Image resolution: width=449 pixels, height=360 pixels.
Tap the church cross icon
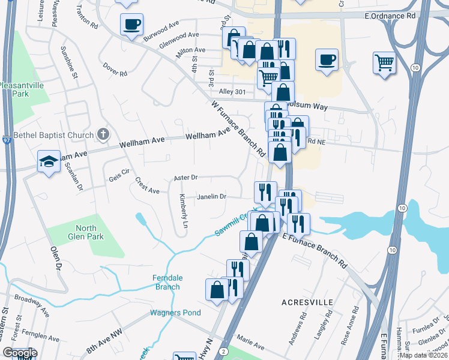click(x=103, y=135)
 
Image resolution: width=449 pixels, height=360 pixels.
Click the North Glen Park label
click(x=90, y=232)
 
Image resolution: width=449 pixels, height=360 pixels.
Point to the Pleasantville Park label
click(x=22, y=90)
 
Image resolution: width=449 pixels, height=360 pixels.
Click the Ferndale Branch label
click(x=166, y=282)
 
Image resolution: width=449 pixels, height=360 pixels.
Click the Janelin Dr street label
click(x=212, y=197)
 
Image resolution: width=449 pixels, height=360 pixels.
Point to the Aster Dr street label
click(x=185, y=178)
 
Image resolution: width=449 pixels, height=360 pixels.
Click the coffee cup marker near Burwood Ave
click(x=131, y=25)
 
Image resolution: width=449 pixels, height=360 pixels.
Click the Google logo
click(x=20, y=353)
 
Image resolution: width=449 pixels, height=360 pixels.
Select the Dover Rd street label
click(x=115, y=70)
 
